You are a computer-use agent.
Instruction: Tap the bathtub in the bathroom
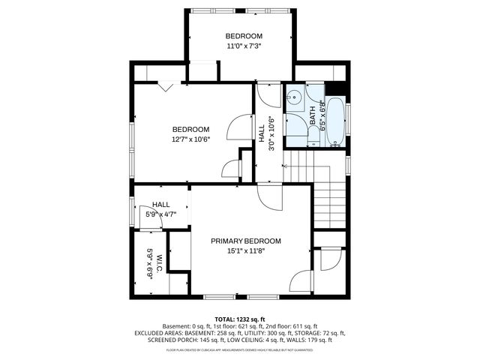coord(335,120)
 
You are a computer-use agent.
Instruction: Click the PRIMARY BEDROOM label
coord(245,241)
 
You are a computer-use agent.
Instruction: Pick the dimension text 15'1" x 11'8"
coord(245,251)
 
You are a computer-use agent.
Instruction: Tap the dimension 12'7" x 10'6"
coord(190,139)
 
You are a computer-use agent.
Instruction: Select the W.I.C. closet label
coord(149,263)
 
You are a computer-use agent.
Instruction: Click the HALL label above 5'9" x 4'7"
coord(160,205)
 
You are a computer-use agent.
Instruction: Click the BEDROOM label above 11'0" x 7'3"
coord(244,36)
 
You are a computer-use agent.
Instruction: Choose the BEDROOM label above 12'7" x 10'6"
coord(190,129)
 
